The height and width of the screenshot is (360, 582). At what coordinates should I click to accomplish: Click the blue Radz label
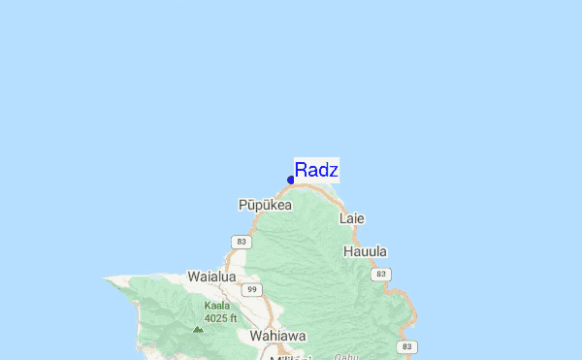[316, 171]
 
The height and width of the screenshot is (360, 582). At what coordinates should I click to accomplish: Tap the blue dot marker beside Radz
[291, 180]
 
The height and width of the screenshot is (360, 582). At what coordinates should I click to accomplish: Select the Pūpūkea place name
[265, 206]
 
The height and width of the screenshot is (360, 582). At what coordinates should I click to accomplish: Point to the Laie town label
[352, 218]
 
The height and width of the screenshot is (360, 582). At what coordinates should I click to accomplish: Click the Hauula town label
[366, 251]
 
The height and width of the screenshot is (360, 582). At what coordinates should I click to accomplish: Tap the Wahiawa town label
[277, 336]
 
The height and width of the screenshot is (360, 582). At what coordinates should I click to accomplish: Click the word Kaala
[217, 305]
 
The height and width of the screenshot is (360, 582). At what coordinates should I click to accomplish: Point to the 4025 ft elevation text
[220, 317]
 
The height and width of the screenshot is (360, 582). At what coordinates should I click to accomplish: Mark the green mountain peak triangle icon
[198, 330]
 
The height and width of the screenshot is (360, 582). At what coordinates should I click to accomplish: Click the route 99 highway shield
[252, 290]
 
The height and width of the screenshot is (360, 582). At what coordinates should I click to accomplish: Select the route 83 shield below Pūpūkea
[242, 241]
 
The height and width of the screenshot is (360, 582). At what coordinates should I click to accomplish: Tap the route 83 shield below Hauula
[382, 275]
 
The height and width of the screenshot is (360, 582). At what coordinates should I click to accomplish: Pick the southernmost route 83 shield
[407, 346]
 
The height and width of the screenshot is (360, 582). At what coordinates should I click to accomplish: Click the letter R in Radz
[301, 171]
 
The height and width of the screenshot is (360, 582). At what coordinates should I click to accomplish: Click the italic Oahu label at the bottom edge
[346, 356]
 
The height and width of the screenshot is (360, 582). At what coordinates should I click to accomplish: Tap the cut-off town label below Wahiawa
[292, 356]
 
